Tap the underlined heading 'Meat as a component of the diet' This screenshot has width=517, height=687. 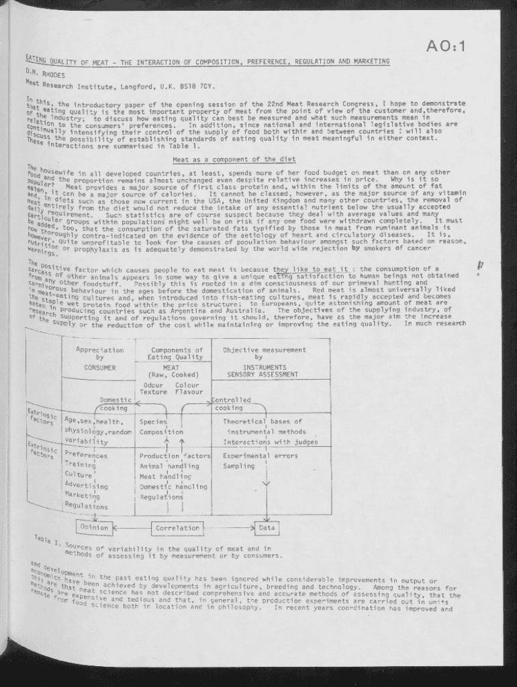234,160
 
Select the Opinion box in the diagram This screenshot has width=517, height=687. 94,527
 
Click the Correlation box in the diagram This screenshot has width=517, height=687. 178,528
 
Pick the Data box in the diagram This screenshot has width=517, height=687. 267,528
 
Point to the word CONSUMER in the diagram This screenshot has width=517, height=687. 100,368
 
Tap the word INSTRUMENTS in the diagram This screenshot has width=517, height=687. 264,367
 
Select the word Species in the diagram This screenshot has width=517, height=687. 153,422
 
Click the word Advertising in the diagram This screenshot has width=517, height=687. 86,486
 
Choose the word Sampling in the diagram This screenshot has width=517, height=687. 239,466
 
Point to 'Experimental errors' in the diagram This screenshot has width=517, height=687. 261,456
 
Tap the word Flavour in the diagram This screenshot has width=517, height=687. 189,392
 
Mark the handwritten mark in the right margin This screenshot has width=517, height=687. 479,266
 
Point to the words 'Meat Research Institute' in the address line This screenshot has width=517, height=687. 68,85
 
